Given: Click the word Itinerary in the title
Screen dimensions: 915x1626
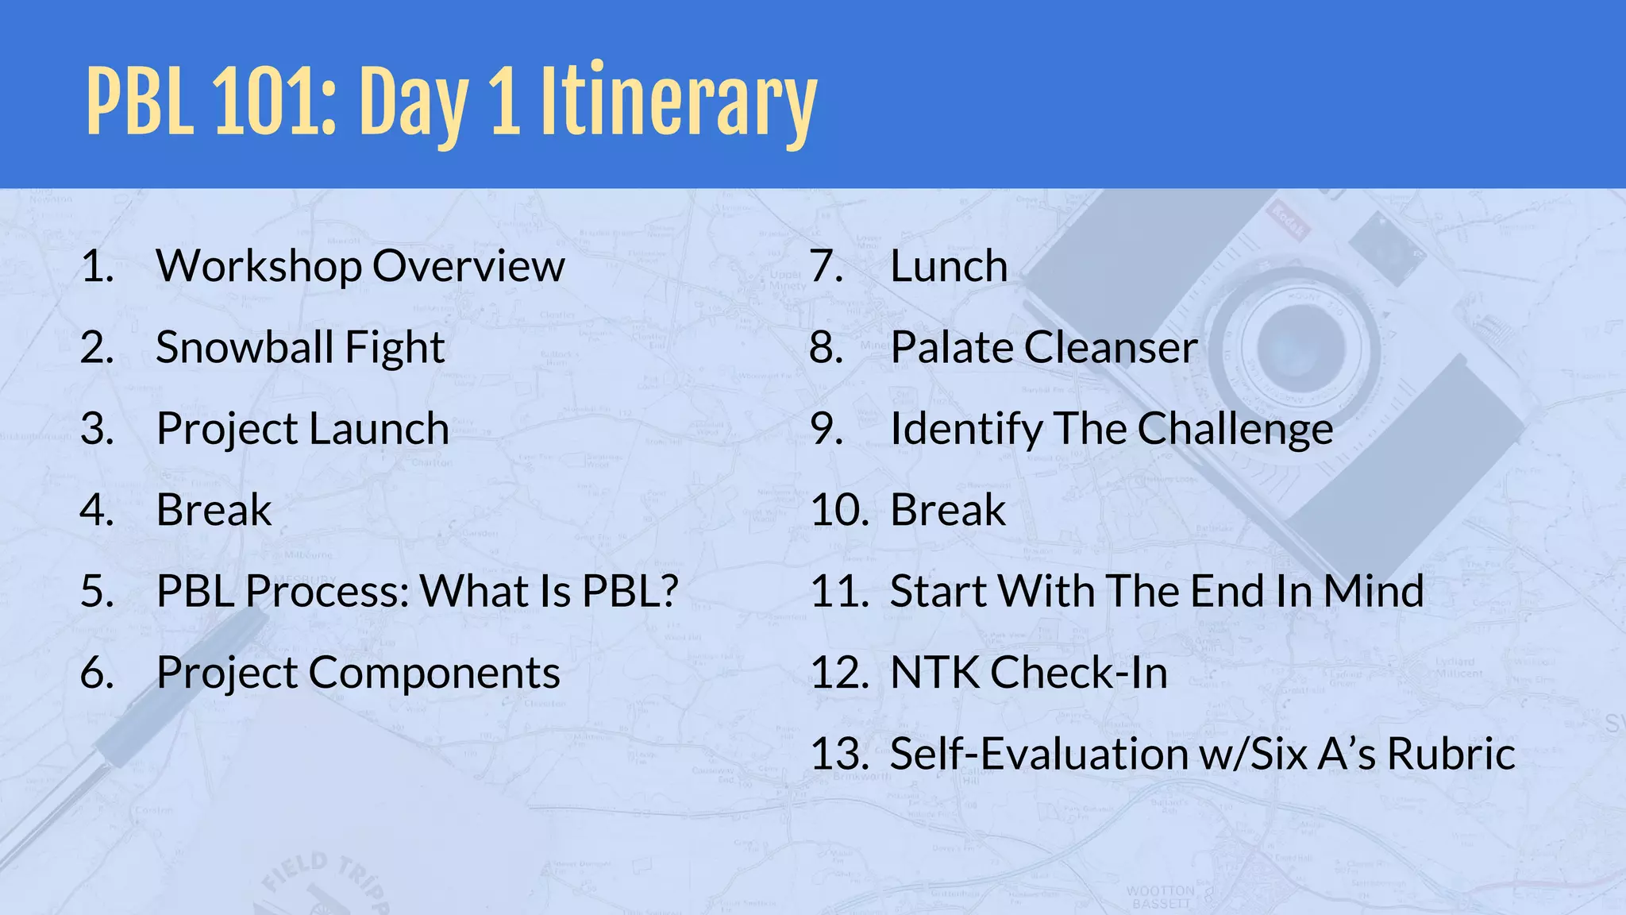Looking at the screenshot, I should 678,103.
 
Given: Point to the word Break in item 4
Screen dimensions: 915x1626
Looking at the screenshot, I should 214,510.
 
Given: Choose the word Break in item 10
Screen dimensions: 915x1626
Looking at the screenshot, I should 948,510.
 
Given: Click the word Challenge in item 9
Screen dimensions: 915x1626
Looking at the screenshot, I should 1235,429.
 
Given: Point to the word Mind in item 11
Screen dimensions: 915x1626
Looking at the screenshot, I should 1374,591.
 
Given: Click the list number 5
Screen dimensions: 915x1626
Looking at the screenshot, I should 97,591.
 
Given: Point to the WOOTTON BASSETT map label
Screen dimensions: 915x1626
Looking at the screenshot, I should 1161,897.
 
